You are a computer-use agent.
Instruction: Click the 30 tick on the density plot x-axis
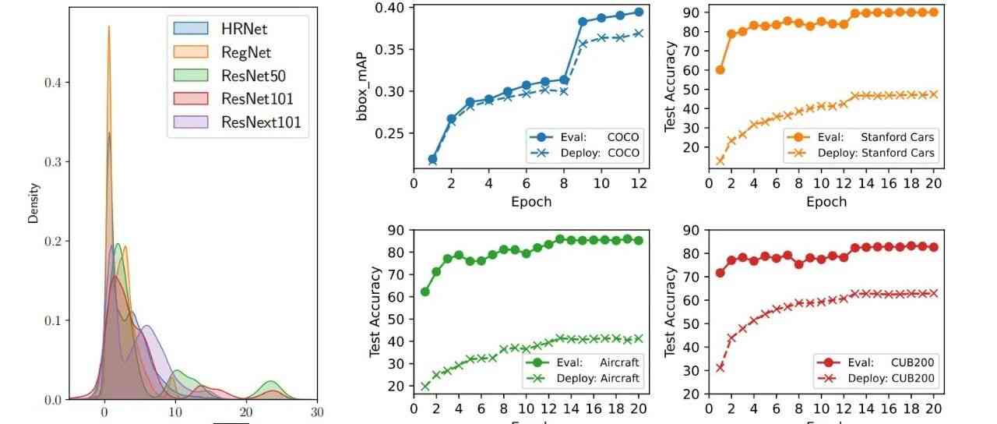[x=316, y=412]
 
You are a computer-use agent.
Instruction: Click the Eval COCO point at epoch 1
[x=432, y=159]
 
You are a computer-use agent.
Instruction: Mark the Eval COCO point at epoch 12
[x=639, y=12]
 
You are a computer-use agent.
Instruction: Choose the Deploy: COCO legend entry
[x=583, y=153]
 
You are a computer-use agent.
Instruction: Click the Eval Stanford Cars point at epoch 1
[x=720, y=70]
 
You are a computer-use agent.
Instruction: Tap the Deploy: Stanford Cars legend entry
[x=859, y=153]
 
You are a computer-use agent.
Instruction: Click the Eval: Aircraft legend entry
[x=583, y=362]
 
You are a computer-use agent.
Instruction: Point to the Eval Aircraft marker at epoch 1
[x=425, y=291]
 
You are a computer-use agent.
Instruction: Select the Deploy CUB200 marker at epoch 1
[x=720, y=367]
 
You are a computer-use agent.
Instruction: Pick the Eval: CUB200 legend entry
[x=874, y=362]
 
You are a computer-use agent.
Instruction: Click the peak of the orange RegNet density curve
[x=108, y=26]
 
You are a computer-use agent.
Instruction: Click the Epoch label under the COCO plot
[x=530, y=202]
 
